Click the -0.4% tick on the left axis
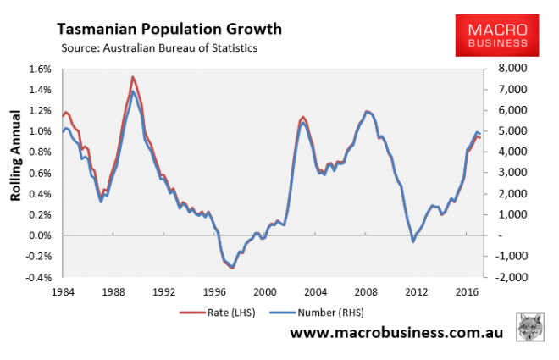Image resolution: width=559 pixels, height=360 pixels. click(39, 277)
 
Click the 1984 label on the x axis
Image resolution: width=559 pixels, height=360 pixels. click(61, 291)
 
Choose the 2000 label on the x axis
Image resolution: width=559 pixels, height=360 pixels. click(265, 291)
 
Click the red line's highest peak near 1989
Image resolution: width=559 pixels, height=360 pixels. click(132, 77)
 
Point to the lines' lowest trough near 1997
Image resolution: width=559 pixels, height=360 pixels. click(232, 268)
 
